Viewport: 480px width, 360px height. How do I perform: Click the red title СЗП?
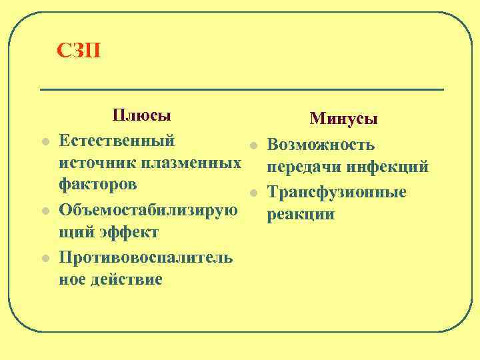point(79,50)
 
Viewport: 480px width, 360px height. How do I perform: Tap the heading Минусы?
point(343,119)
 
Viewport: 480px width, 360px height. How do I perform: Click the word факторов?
point(99,185)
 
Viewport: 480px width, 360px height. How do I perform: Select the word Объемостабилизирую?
point(148,210)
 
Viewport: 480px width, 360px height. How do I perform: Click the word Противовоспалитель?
point(145,257)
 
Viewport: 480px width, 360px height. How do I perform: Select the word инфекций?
point(388,168)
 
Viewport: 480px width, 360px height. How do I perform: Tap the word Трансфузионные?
point(336,192)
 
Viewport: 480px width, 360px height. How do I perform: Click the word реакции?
point(300,215)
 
